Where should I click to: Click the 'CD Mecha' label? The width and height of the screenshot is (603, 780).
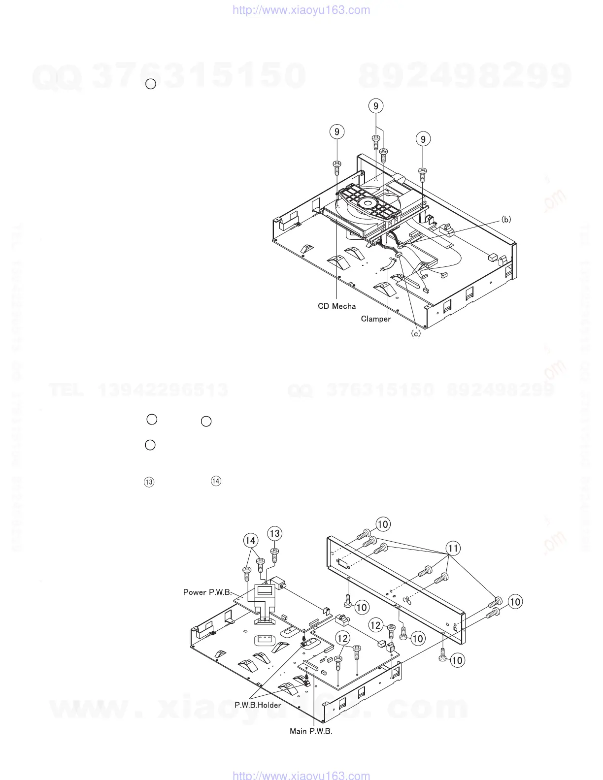[x=336, y=306]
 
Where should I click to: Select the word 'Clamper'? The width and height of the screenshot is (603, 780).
[x=375, y=319]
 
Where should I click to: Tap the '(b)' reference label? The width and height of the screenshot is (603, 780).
[x=506, y=220]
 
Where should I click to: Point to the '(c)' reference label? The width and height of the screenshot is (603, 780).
[x=416, y=333]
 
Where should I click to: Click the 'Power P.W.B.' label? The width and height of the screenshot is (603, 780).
[x=207, y=592]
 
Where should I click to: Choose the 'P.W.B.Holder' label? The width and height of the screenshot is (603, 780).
[x=258, y=705]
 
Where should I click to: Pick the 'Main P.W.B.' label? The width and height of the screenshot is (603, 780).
[x=310, y=731]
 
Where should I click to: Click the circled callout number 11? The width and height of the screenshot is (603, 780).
[x=453, y=548]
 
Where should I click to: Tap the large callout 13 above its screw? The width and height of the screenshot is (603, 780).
[x=274, y=533]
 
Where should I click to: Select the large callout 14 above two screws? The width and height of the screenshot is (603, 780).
[x=251, y=540]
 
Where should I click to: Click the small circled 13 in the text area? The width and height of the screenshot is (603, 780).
[x=149, y=482]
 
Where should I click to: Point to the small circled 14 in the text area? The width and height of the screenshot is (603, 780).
[x=216, y=481]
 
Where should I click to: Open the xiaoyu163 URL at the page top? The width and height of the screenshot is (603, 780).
[x=301, y=10]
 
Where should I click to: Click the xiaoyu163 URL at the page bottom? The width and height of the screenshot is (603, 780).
[x=301, y=775]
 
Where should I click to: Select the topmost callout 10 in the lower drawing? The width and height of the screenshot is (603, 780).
[x=383, y=524]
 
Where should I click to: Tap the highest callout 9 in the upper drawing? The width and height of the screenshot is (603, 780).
[x=376, y=106]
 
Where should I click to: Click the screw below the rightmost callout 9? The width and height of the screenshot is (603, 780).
[x=423, y=175]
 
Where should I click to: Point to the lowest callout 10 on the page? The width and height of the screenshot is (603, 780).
[x=457, y=660]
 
